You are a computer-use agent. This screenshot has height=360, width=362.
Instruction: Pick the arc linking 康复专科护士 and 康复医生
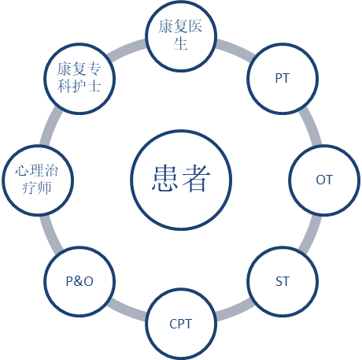[127, 49]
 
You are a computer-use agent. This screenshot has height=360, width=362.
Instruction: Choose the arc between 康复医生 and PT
[235, 49]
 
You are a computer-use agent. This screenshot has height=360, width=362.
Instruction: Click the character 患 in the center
[164, 178]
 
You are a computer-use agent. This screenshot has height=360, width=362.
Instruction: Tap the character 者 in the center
[197, 178]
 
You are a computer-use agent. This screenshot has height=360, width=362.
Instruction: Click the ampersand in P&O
[79, 281]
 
